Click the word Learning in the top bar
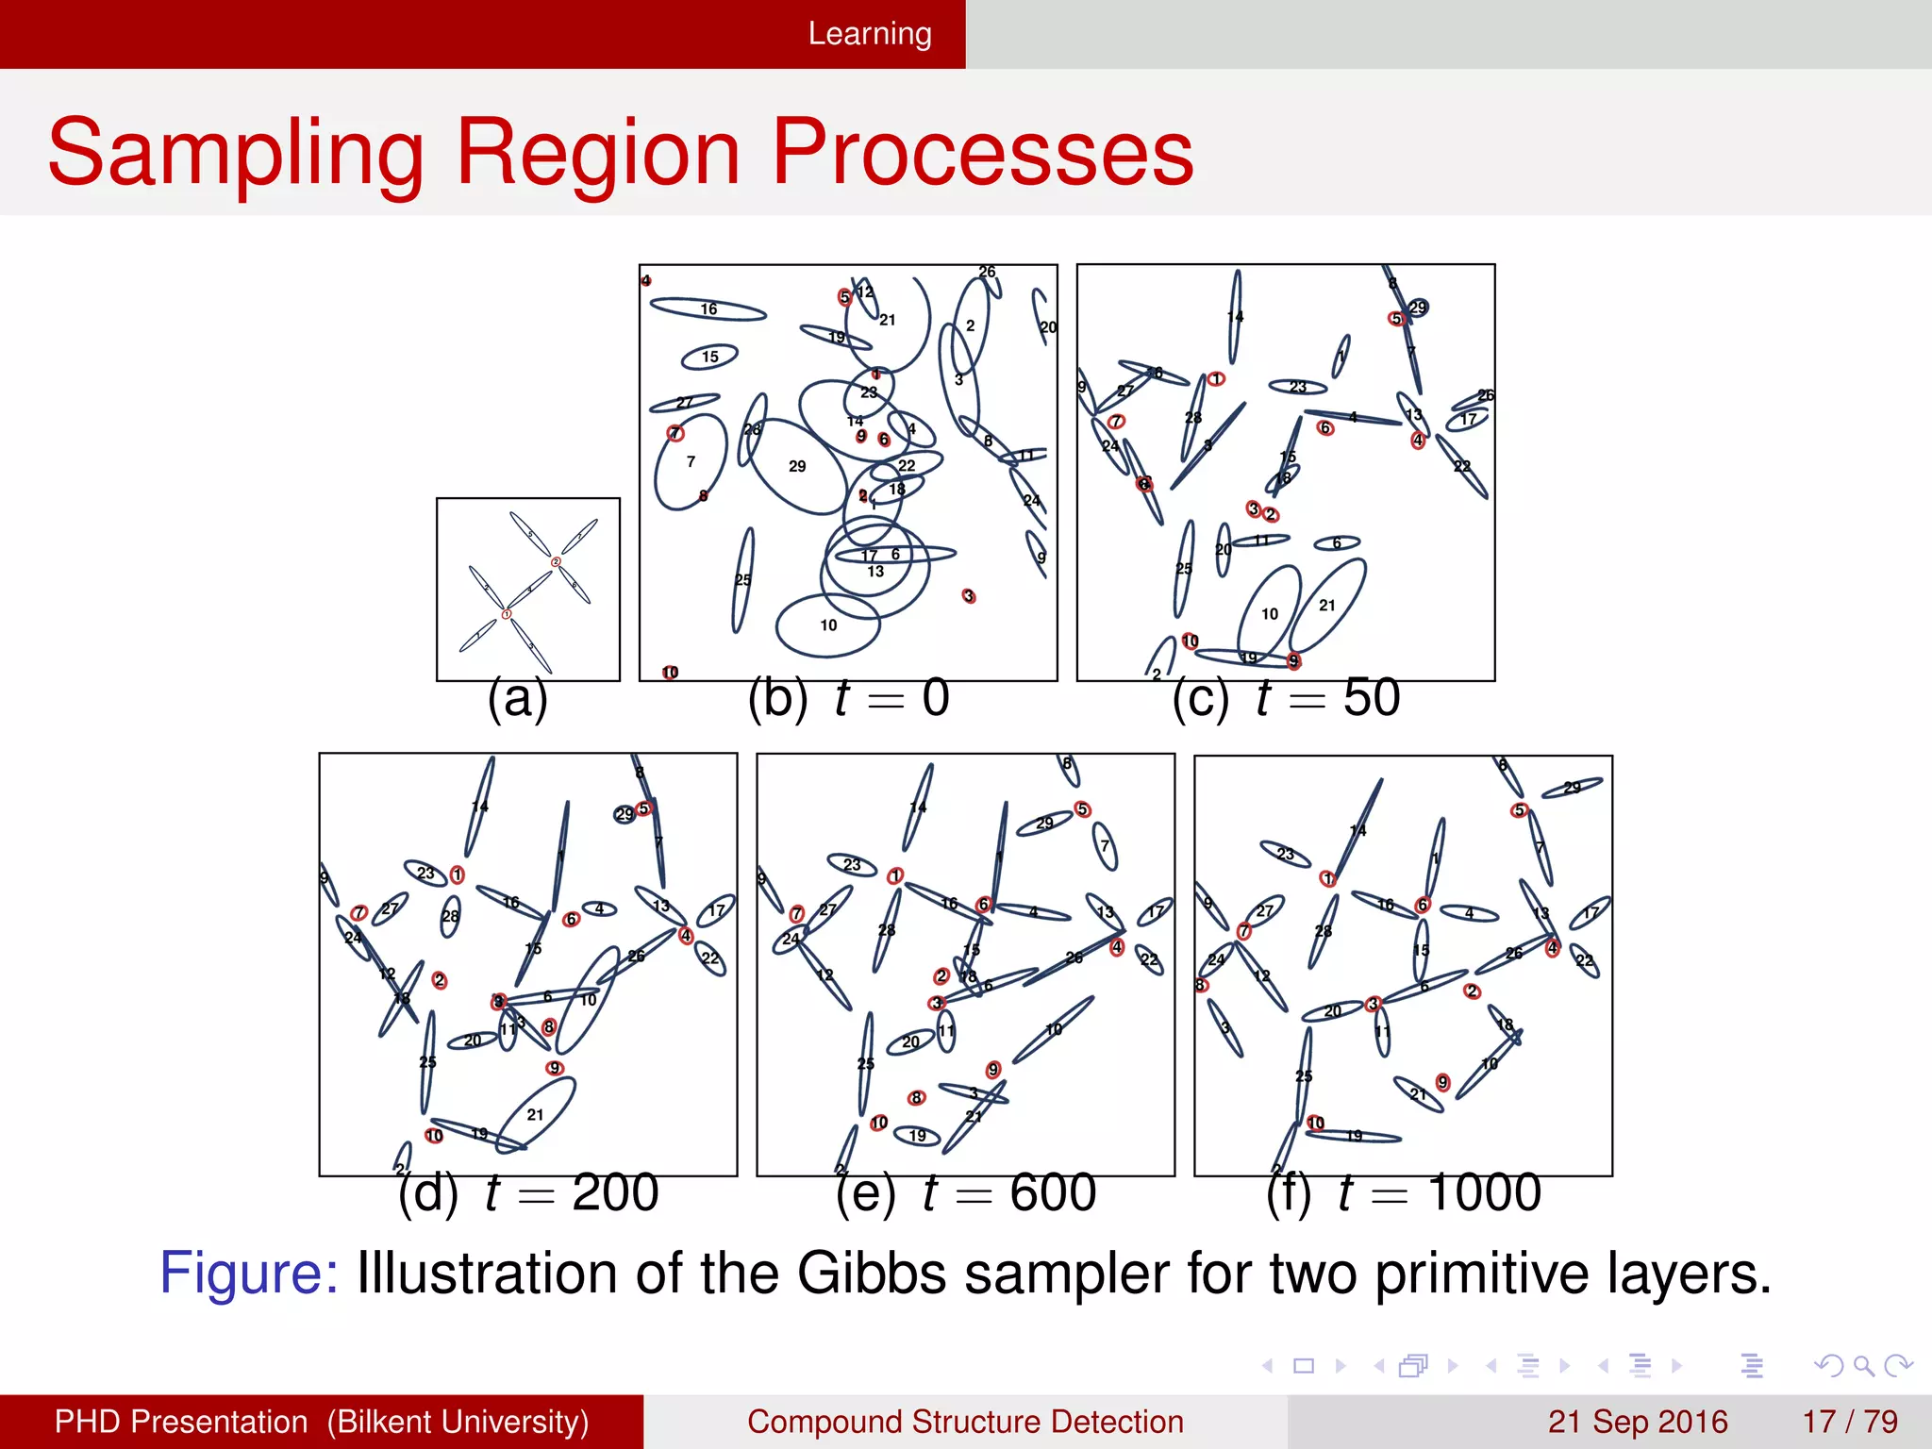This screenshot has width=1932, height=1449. point(869,34)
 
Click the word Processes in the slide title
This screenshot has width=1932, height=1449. point(982,153)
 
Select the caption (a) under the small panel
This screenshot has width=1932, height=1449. point(517,700)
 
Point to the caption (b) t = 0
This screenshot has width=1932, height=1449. point(848,699)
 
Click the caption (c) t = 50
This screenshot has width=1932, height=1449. point(1285,699)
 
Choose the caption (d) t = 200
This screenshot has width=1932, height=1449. point(527,1193)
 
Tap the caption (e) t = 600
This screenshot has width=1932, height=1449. point(965,1193)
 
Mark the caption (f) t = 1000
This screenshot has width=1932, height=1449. point(1403,1193)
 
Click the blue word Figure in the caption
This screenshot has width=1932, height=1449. point(248,1274)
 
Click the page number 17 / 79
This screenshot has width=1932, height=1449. point(1849,1422)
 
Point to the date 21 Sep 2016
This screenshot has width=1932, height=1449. point(1637,1422)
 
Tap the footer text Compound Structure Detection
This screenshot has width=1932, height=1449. point(965,1422)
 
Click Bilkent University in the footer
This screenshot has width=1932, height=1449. point(458,1422)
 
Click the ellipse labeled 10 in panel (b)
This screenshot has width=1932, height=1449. point(827,625)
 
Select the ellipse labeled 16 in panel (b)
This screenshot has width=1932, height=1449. point(708,308)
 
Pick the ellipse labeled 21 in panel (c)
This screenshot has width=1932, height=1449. point(1327,605)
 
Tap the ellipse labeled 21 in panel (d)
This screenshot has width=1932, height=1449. point(535,1114)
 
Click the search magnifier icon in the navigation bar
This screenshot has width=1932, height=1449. point(1863,1365)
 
